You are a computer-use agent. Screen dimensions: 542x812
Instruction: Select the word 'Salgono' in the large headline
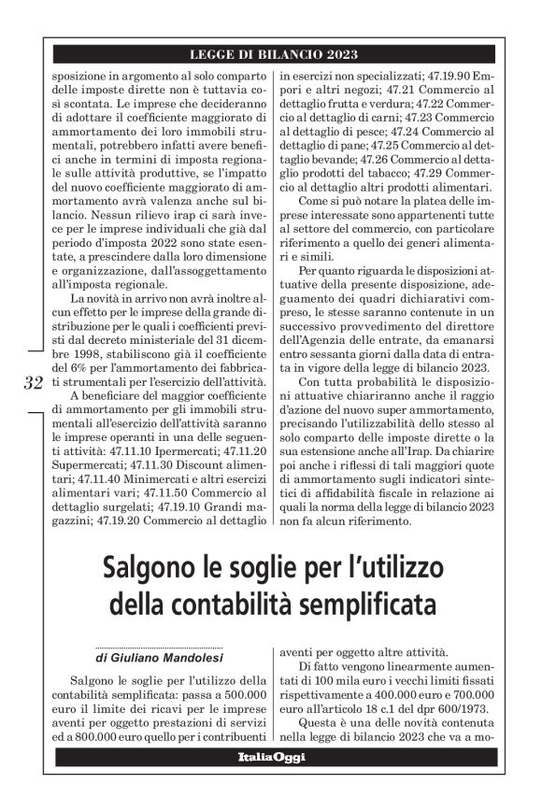[x=149, y=567]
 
